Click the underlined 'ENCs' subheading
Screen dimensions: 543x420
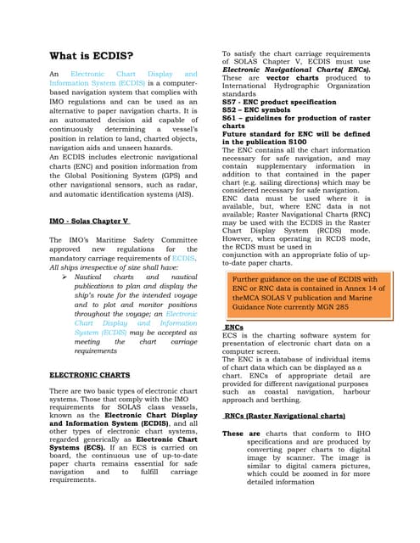(233, 326)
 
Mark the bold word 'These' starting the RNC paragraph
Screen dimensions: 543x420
(232, 433)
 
